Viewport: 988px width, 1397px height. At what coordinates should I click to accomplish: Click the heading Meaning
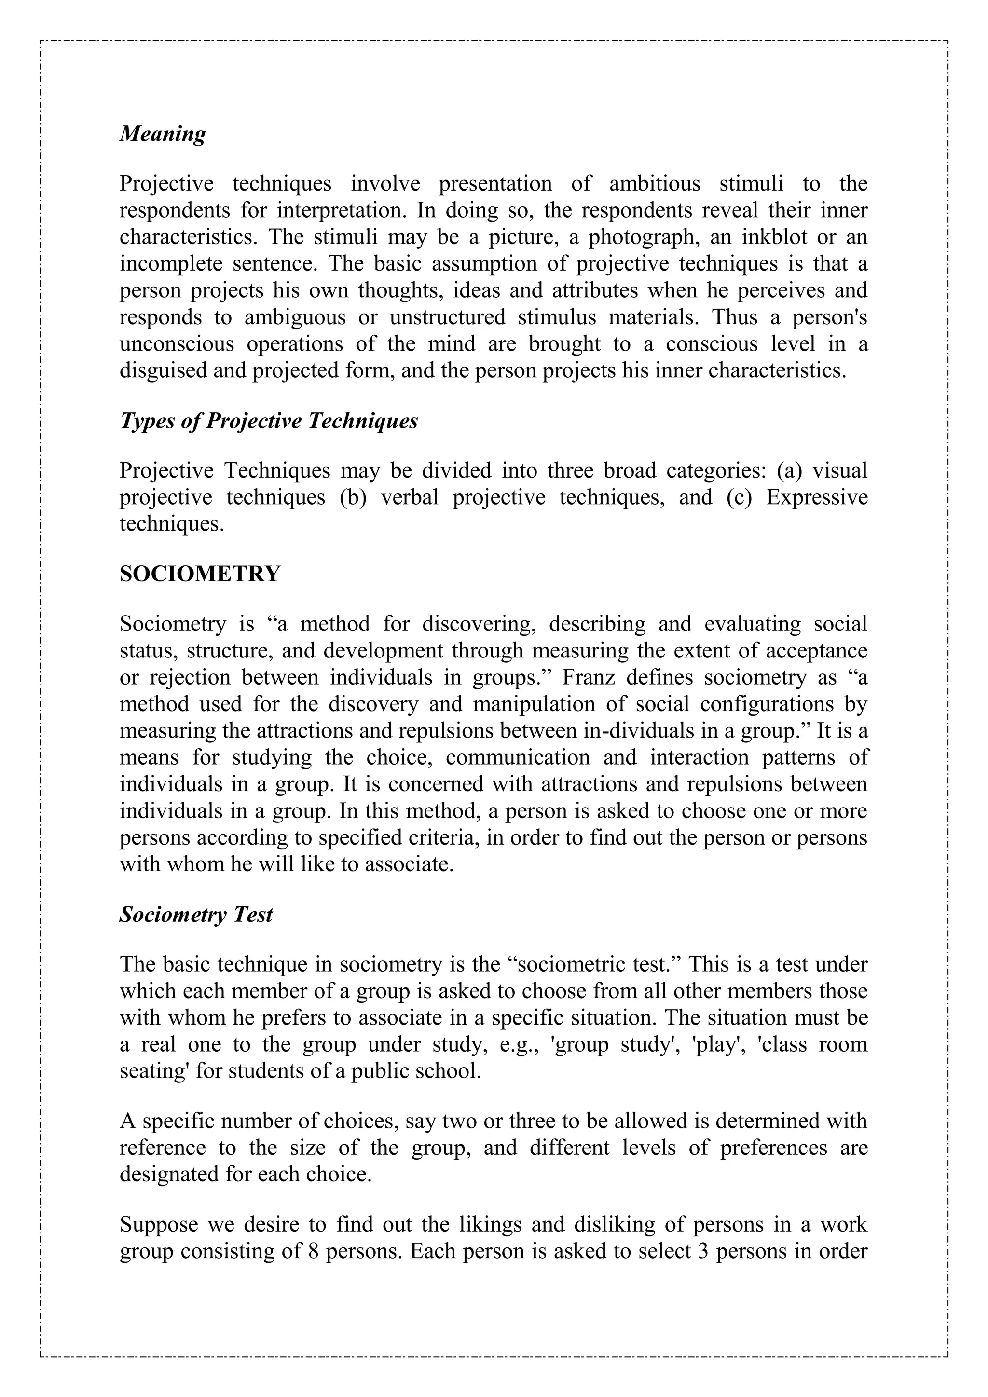click(163, 133)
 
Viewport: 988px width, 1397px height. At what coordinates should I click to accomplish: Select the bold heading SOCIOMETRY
click(200, 574)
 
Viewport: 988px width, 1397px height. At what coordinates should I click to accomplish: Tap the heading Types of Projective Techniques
click(268, 421)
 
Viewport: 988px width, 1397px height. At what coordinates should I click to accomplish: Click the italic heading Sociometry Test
click(196, 915)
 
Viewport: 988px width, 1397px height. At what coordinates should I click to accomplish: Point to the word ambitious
click(655, 184)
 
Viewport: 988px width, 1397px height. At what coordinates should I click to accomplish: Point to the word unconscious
click(177, 344)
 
